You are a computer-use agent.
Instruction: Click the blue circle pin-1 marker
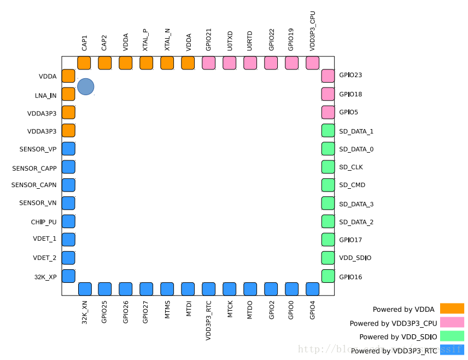(86, 86)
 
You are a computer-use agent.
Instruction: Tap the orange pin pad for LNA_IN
(68, 94)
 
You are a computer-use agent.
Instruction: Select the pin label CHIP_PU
(44, 222)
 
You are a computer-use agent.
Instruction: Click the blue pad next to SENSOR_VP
(68, 149)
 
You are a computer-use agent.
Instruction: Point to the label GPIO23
(350, 76)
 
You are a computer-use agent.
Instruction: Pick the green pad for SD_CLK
(328, 167)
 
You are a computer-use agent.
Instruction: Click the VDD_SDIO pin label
(355, 258)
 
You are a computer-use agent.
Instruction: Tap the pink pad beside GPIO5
(328, 112)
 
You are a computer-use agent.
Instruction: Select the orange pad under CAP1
(84, 63)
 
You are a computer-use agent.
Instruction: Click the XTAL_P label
(145, 40)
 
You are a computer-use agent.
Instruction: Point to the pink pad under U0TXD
(230, 63)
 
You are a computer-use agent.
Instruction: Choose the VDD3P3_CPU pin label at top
(312, 32)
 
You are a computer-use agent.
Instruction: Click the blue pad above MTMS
(167, 289)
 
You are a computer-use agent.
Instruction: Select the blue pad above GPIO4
(313, 289)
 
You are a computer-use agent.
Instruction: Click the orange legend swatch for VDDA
(452, 309)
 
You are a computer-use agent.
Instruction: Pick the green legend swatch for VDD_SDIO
(452, 336)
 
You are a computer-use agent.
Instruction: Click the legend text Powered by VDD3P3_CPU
(393, 323)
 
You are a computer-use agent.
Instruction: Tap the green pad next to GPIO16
(328, 276)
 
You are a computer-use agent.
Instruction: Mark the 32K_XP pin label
(45, 277)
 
